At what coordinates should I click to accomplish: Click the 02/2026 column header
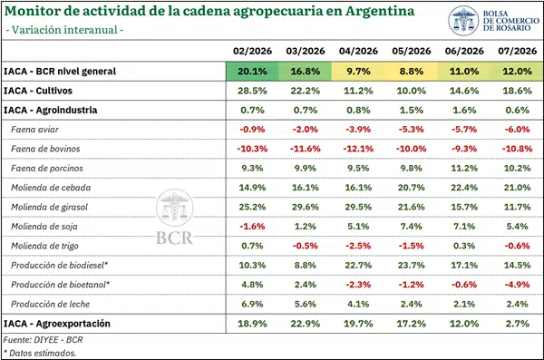pyautogui.click(x=252, y=51)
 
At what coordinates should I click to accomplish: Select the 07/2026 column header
pyautogui.click(x=518, y=51)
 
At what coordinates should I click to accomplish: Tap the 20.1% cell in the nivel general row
pyautogui.click(x=252, y=71)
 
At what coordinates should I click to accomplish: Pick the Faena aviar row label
pyautogui.click(x=34, y=130)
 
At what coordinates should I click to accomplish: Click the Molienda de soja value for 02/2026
pyautogui.click(x=252, y=227)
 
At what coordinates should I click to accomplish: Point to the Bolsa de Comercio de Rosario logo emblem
pyautogui.click(x=463, y=21)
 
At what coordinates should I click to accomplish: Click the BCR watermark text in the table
pyautogui.click(x=174, y=238)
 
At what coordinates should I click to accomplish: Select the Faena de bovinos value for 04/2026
pyautogui.click(x=358, y=149)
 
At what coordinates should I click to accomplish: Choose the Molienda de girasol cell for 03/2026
pyautogui.click(x=306, y=207)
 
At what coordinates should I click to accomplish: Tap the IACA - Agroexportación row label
pyautogui.click(x=57, y=324)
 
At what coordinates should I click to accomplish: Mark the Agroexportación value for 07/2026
pyautogui.click(x=518, y=324)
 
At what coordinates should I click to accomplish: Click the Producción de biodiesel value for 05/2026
pyautogui.click(x=412, y=265)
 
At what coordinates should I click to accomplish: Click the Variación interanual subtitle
pyautogui.click(x=64, y=30)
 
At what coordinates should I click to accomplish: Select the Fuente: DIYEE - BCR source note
pyautogui.click(x=43, y=339)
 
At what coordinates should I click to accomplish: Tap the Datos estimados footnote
pyautogui.click(x=40, y=353)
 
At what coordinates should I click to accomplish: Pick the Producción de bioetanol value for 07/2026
pyautogui.click(x=518, y=285)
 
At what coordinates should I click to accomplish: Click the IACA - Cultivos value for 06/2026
pyautogui.click(x=464, y=91)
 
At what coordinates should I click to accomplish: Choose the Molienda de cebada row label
pyautogui.click(x=51, y=188)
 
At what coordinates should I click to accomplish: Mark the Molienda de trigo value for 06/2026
pyautogui.click(x=464, y=246)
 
